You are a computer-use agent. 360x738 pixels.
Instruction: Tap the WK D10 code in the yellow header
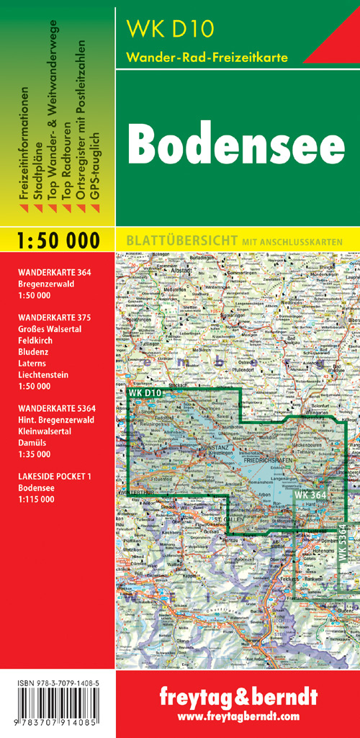161,29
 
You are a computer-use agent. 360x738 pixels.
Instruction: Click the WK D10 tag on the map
146,392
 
